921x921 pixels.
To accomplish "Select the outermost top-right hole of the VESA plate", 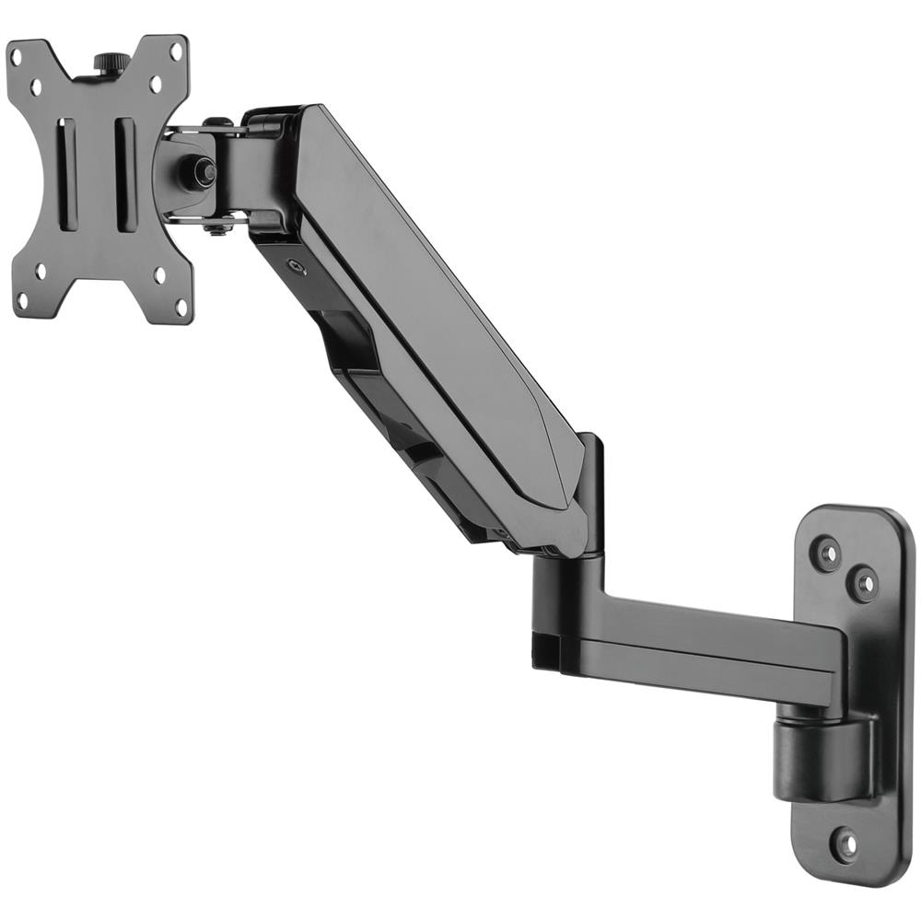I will pos(176,52).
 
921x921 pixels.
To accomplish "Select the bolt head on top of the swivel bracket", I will pos(217,122).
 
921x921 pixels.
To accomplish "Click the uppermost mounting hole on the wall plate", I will pos(828,553).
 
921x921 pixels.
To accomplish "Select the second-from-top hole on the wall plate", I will pos(863,582).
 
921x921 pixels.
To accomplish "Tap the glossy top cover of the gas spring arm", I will pos(433,304).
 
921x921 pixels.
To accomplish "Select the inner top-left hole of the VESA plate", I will pos(38,87).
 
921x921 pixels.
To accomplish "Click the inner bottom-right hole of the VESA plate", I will pos(158,274).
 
